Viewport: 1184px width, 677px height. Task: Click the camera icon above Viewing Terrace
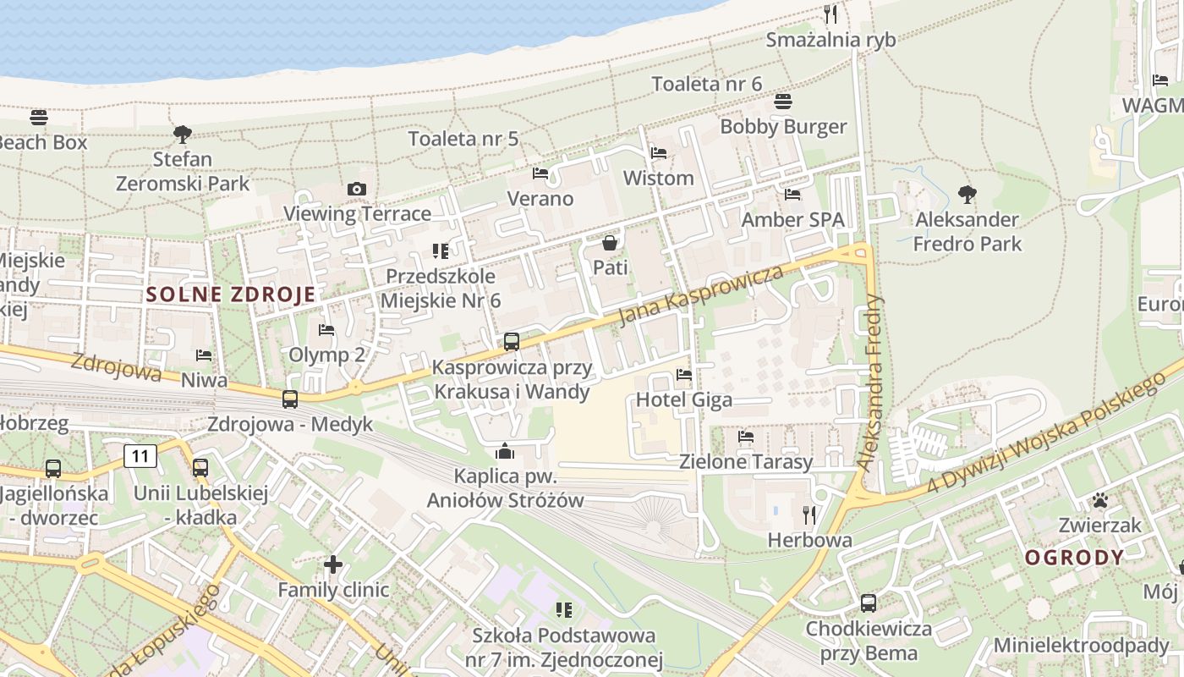(x=357, y=189)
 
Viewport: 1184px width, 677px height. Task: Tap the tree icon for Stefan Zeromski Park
(x=182, y=134)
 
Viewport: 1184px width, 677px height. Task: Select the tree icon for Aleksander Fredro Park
(x=967, y=195)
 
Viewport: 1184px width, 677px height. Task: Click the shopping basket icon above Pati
(x=609, y=244)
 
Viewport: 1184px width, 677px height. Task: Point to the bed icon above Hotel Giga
(x=684, y=374)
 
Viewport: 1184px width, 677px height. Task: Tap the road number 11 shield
(x=140, y=457)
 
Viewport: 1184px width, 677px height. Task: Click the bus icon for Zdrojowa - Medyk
(x=290, y=399)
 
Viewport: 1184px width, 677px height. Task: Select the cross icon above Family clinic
(x=333, y=564)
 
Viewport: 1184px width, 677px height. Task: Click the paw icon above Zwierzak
(x=1099, y=500)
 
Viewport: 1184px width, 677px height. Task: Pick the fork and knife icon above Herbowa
(x=809, y=515)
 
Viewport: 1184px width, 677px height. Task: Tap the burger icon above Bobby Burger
(x=783, y=102)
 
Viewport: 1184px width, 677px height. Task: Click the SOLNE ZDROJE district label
(x=231, y=294)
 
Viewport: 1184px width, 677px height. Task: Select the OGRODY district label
(x=1074, y=558)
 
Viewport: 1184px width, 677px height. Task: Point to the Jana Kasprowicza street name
(x=701, y=295)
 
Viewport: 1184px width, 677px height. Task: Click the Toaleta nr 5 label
(x=463, y=139)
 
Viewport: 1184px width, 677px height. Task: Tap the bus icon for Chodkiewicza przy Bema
(x=869, y=603)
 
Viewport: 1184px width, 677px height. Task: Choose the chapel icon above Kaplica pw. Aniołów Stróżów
(x=505, y=451)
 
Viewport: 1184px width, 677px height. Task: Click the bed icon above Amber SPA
(x=792, y=195)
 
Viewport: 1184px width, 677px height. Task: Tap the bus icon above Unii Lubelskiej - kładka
(x=200, y=467)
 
